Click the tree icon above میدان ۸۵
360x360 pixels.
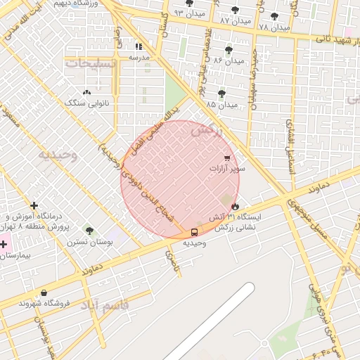(221, 93)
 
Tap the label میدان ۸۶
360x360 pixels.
(224, 61)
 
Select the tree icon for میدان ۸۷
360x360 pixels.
(234, 10)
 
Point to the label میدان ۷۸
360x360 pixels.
(274, 27)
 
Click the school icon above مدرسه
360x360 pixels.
(139, 46)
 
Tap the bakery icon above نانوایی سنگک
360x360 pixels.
(86, 92)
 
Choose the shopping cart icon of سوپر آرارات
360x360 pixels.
(226, 158)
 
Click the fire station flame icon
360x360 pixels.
(235, 206)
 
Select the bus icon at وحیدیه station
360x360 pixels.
(194, 232)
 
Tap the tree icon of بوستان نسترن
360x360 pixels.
(89, 230)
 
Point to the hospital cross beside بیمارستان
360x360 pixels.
(4, 245)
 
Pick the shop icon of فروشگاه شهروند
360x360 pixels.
(44, 292)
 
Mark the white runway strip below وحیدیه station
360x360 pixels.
(211, 320)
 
